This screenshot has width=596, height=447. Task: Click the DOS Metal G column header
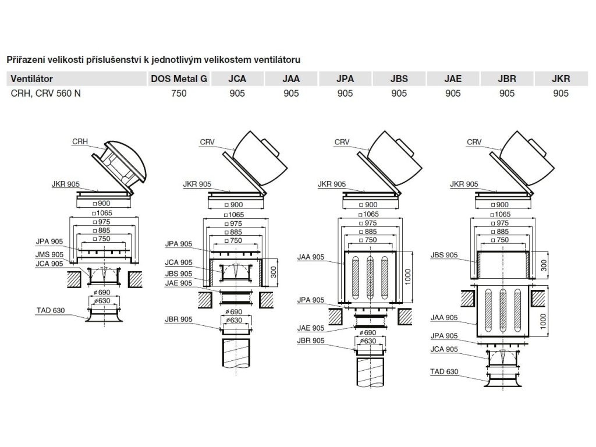tap(179, 79)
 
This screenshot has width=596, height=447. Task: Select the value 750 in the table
tap(179, 93)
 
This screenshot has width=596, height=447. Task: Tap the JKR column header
tap(560, 79)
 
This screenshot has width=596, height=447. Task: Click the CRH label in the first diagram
tap(80, 141)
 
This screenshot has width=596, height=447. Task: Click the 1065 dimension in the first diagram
tap(104, 214)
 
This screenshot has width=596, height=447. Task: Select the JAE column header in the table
tap(452, 79)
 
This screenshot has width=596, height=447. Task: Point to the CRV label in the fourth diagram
tap(474, 141)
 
